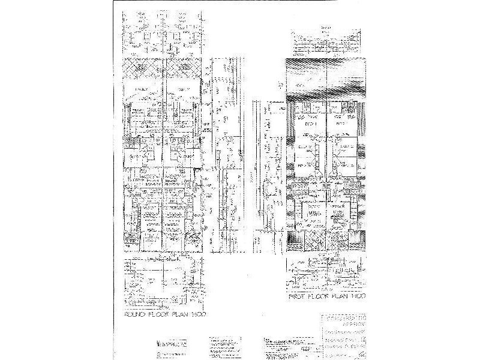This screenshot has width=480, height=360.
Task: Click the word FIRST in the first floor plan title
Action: click(298, 296)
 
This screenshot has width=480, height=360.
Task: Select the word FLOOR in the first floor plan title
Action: click(322, 296)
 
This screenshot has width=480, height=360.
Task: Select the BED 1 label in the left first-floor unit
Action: click(310, 123)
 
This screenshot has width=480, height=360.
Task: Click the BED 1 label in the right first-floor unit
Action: click(343, 123)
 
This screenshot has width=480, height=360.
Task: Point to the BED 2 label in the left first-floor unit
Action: click(305, 146)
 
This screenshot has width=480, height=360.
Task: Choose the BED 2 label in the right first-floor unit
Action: click(346, 146)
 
